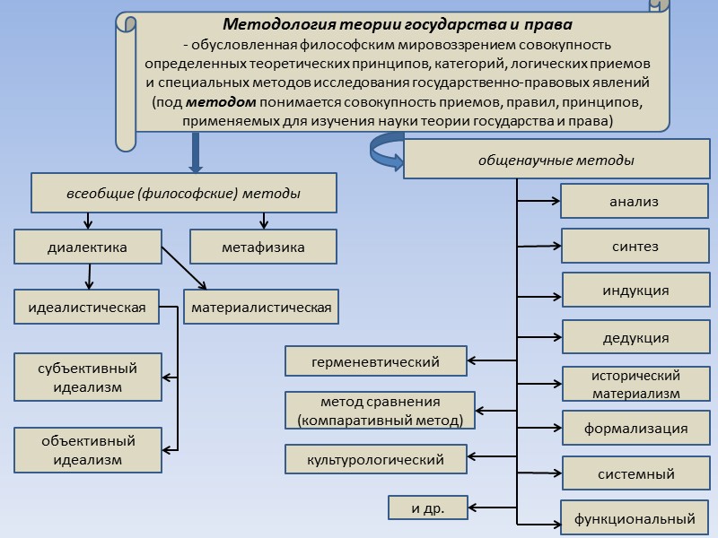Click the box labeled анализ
tap(634, 202)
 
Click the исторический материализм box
tap(635, 384)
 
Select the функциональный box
tap(635, 518)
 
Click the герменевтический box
tap(375, 362)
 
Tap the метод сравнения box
tap(378, 411)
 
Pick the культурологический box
tap(375, 459)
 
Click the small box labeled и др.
tap(427, 508)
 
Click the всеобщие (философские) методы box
tap(184, 194)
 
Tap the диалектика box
tap(87, 247)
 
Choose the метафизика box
tap(263, 247)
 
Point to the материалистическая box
tap(261, 308)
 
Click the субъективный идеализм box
tap(87, 377)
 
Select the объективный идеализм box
tap(87, 450)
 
